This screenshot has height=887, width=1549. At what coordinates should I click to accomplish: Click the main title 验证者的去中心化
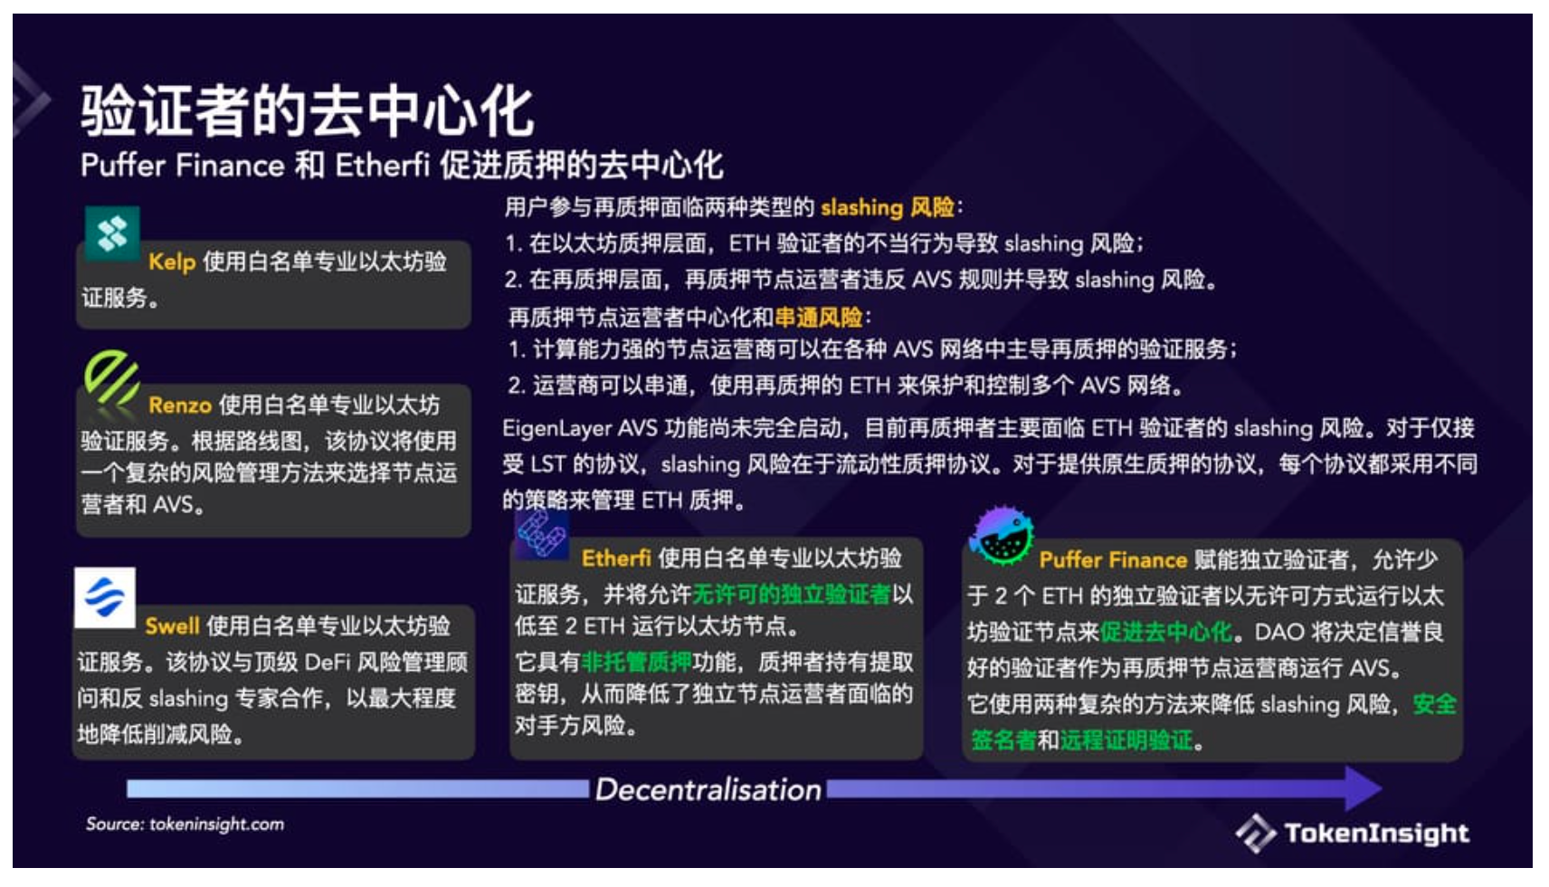(308, 110)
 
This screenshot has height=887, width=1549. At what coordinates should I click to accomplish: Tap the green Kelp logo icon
(112, 234)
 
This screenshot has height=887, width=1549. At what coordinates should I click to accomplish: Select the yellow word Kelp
(172, 262)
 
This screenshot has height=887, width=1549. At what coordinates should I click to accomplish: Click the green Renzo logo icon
(111, 379)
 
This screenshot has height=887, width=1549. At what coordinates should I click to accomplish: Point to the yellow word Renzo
(180, 405)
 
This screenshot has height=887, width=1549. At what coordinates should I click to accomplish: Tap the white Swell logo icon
(105, 597)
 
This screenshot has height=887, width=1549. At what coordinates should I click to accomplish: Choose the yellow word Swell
(172, 626)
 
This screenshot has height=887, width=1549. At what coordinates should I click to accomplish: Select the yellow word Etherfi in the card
(616, 558)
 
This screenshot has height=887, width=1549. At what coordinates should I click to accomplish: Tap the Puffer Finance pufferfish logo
(1002, 535)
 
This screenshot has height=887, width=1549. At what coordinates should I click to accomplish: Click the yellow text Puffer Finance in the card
(1113, 559)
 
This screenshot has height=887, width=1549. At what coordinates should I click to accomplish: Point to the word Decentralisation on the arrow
(708, 789)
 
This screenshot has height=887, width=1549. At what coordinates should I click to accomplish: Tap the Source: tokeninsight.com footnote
(185, 824)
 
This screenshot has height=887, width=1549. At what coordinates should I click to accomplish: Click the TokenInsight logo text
(1376, 833)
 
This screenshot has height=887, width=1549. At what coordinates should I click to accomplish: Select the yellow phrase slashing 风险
(888, 207)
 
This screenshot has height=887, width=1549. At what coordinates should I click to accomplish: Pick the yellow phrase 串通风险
(819, 318)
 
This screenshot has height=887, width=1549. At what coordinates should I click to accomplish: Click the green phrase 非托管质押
(637, 663)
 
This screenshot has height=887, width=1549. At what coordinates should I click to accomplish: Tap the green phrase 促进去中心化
(1166, 632)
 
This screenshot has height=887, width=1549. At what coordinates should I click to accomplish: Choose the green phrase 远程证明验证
(1126, 740)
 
